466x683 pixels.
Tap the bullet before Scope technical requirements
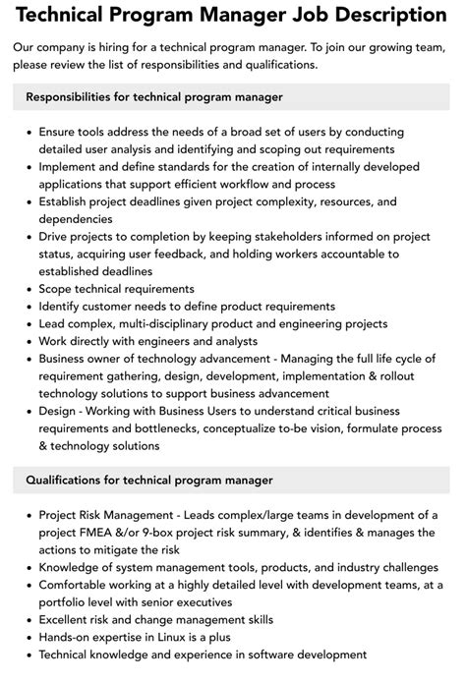point(28,289)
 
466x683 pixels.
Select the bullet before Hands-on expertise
point(28,637)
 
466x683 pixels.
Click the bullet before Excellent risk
point(28,620)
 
